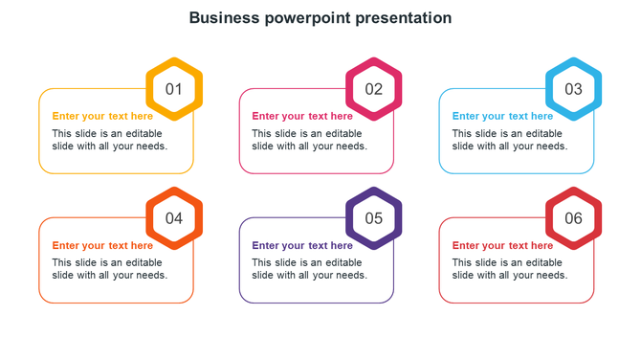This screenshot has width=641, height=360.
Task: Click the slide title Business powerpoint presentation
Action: tap(320, 17)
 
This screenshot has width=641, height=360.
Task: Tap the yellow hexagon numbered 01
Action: tap(174, 89)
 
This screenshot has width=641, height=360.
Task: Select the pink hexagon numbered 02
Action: tap(374, 89)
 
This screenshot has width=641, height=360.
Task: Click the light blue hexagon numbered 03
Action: tap(573, 89)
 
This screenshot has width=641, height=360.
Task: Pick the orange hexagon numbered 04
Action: tap(174, 218)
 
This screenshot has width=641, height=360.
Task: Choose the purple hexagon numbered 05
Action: tap(374, 218)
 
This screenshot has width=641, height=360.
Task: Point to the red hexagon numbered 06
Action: tap(573, 218)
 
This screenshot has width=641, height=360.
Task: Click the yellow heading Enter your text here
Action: tap(102, 117)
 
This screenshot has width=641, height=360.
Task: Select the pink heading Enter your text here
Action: tap(302, 117)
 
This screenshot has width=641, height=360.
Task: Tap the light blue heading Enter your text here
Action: tap(502, 117)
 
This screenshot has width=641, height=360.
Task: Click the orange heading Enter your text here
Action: tap(102, 246)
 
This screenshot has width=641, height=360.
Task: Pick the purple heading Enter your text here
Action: tap(302, 246)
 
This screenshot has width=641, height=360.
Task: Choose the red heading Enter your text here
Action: tap(502, 246)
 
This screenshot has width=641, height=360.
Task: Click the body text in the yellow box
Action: tap(109, 140)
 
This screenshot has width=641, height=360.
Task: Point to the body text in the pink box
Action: tap(309, 140)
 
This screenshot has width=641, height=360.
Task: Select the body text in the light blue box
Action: tap(509, 140)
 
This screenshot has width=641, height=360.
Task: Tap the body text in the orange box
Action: tap(109, 269)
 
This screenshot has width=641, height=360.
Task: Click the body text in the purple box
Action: tap(309, 269)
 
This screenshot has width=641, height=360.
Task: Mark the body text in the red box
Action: tap(509, 269)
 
